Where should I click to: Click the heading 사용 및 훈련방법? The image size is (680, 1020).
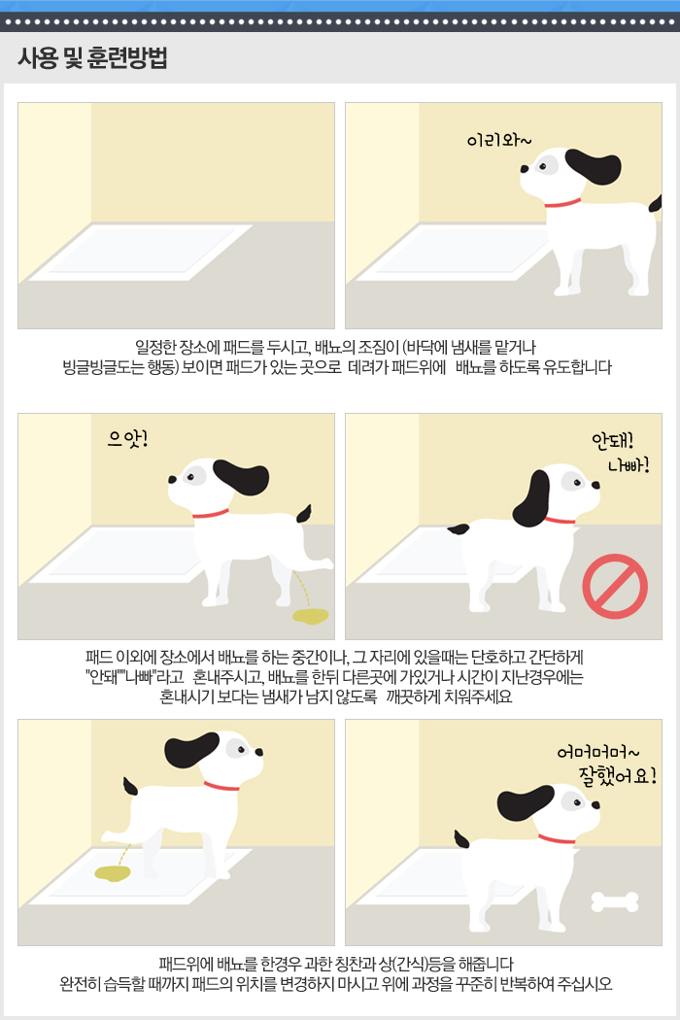coord(92,57)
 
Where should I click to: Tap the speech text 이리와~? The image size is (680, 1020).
coord(499,140)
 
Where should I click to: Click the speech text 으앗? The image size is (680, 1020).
coord(128,439)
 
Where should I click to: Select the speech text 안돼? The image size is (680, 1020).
coord(612,440)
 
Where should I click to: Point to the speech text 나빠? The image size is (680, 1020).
coord(629,465)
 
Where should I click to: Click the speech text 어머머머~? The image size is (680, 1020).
coord(598,753)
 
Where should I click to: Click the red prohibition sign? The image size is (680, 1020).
coord(615,586)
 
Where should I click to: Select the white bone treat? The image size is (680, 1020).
coord(615,901)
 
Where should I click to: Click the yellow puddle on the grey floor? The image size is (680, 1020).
coord(311,615)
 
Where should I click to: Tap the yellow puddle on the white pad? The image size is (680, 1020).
coord(113,873)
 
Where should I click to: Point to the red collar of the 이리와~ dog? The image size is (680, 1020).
coord(562,203)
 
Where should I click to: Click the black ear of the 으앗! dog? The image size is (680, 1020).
coord(242,477)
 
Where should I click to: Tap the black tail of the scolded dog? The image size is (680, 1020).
coord(459,528)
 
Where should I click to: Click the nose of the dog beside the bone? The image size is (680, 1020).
coord(595,804)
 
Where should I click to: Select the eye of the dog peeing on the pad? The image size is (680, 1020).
coord(241,749)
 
